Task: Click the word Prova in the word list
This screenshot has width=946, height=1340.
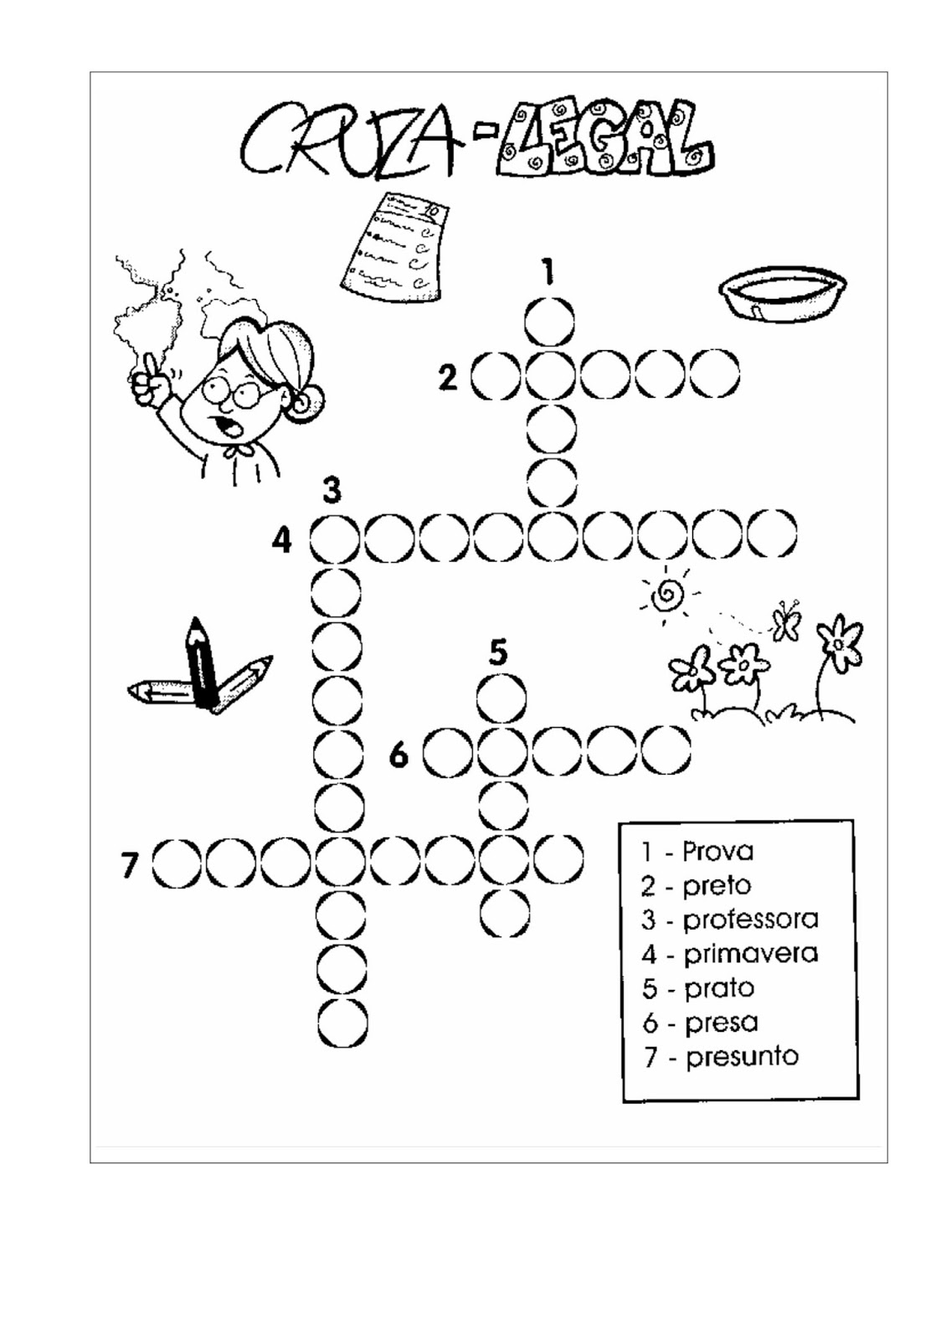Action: tap(717, 851)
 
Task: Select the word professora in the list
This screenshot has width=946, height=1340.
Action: tap(750, 920)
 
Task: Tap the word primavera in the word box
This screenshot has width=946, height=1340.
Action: tap(750, 954)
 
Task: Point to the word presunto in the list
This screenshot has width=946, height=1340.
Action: tap(742, 1057)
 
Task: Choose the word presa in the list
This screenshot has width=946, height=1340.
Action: tap(721, 1023)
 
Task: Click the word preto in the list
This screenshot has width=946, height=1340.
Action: tap(717, 885)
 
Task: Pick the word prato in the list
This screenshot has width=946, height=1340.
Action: tap(719, 988)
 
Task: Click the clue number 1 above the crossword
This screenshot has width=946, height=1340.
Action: tap(548, 272)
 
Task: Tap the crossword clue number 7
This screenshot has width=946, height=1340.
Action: tap(129, 864)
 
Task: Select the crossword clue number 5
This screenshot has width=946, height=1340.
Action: tap(499, 651)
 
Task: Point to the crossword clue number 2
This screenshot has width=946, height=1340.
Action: tap(449, 378)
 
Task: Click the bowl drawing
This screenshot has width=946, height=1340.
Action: tap(782, 293)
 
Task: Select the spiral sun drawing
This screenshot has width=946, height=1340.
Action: tap(666, 595)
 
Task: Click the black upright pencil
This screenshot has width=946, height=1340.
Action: tap(202, 662)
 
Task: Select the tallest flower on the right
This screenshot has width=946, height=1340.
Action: tap(838, 645)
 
